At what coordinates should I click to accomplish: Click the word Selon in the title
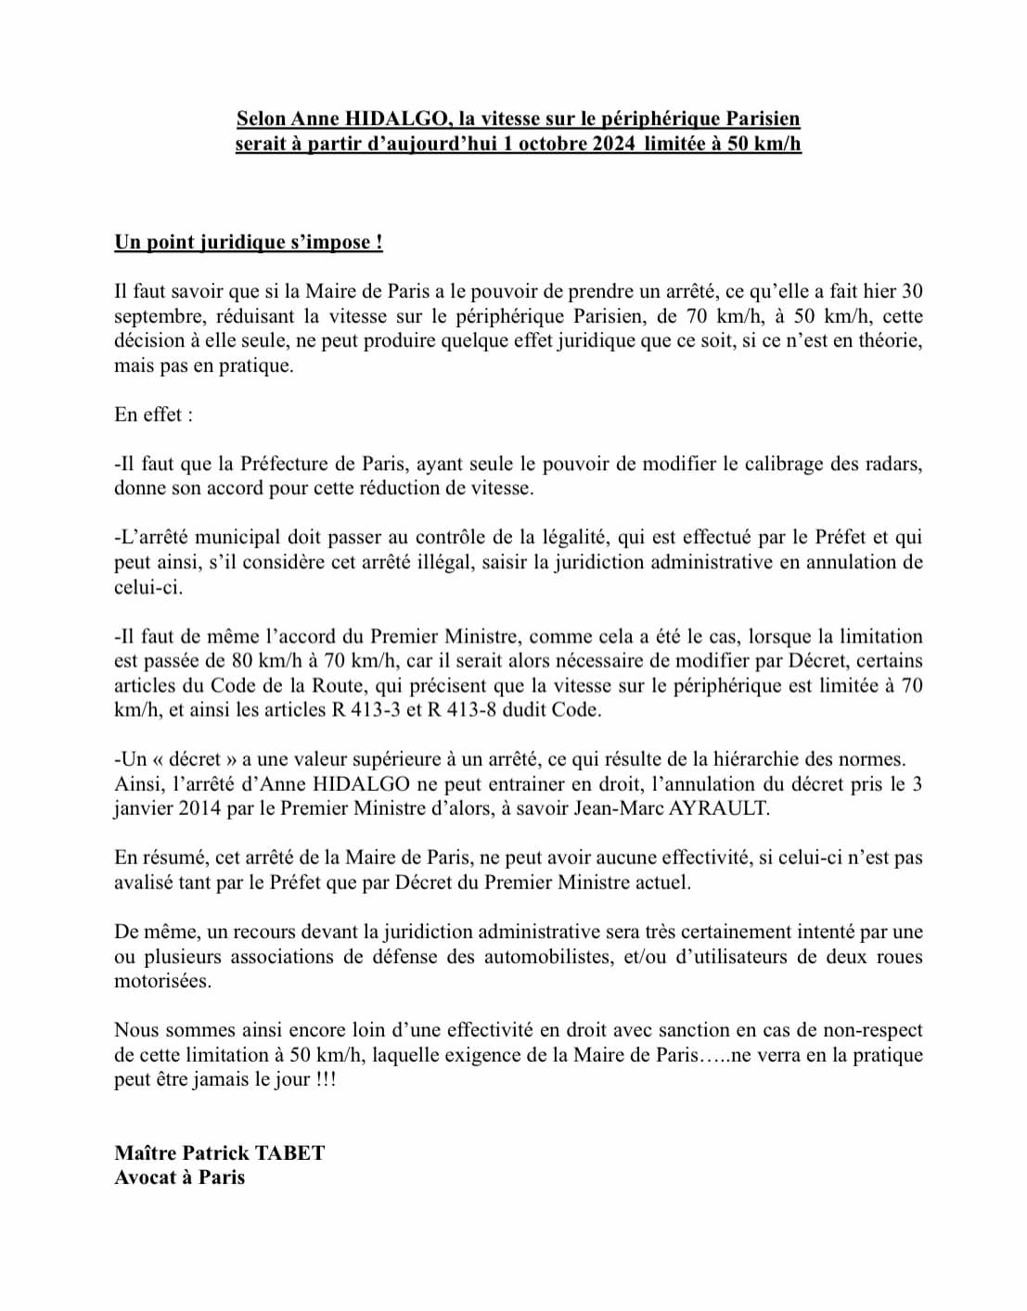[x=262, y=119]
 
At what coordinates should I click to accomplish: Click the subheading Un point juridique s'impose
[x=249, y=243]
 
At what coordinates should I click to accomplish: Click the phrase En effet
[x=154, y=414]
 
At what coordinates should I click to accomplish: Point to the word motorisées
[x=162, y=981]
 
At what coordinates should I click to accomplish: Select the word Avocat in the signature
[x=146, y=1177]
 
